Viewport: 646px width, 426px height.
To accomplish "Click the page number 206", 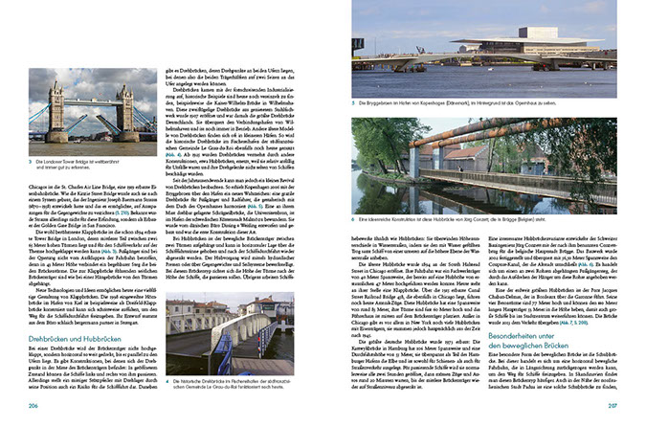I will [x=35, y=405].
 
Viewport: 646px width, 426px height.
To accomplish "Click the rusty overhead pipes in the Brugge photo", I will [x=450, y=142].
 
